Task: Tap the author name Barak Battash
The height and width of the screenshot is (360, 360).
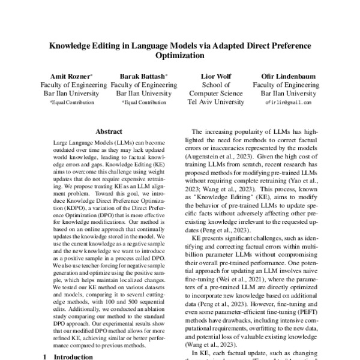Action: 143,76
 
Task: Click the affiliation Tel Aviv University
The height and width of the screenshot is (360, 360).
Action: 216,103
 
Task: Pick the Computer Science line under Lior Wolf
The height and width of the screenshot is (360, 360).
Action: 216,94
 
